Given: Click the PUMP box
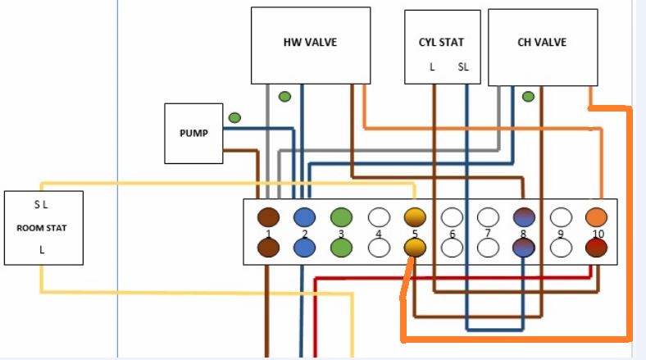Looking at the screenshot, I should pyautogui.click(x=193, y=132).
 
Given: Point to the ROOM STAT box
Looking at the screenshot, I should pyautogui.click(x=43, y=228).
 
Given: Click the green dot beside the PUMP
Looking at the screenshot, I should pyautogui.click(x=234, y=118).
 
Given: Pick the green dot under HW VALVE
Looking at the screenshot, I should pyautogui.click(x=284, y=97).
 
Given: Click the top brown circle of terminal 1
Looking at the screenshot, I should pyautogui.click(x=268, y=217).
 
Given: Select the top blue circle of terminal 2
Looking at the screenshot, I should pyautogui.click(x=305, y=217).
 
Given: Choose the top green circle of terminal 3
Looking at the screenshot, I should pyautogui.click(x=341, y=217).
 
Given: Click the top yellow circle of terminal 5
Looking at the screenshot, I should pyautogui.click(x=416, y=217).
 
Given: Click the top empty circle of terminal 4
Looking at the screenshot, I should pyautogui.click(x=379, y=217).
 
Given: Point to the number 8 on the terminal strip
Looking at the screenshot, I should pyautogui.click(x=525, y=235).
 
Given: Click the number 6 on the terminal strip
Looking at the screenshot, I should pyautogui.click(x=452, y=235).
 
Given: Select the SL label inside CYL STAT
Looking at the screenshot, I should pyautogui.click(x=463, y=67).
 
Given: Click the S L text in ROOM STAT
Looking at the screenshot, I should pyautogui.click(x=41, y=203).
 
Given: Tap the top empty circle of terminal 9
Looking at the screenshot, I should pyautogui.click(x=561, y=217).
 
